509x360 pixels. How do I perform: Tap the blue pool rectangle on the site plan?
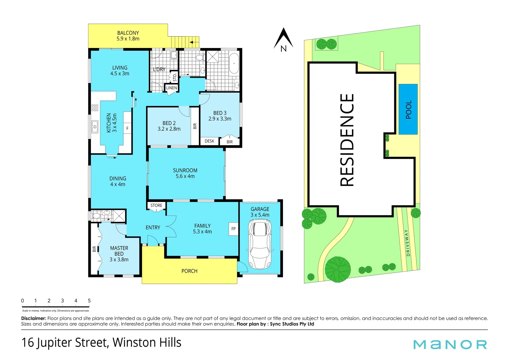point(408,109)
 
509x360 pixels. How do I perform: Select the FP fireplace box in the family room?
point(233,229)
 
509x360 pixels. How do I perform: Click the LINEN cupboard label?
point(171,88)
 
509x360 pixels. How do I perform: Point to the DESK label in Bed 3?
point(209,141)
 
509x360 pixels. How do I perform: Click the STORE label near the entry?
point(156,205)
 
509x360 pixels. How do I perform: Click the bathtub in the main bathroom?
point(234,63)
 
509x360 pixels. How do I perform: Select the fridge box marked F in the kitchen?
point(127,128)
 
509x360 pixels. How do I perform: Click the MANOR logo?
point(450,344)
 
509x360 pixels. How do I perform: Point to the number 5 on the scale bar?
point(89,301)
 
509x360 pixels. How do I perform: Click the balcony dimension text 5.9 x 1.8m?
point(128,39)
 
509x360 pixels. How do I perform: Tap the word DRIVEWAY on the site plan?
point(407,243)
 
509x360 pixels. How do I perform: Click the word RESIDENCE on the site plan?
point(347,140)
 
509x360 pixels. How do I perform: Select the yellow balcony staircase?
point(185,42)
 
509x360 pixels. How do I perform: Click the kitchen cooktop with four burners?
point(95,108)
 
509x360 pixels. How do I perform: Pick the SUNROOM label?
point(185,170)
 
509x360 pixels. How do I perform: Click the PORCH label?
point(189,271)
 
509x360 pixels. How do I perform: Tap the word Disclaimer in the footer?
point(33,318)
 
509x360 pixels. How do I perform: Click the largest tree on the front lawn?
point(338,269)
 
